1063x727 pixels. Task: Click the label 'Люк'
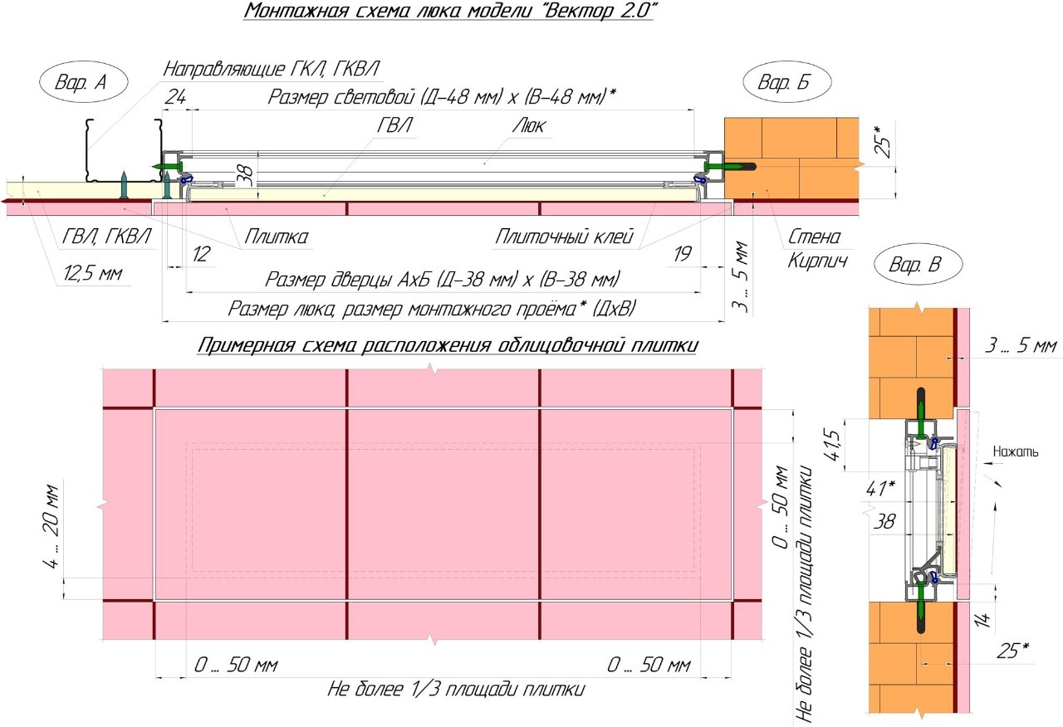pos(528,126)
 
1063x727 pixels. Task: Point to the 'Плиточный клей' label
pos(564,237)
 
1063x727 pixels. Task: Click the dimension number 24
pos(175,97)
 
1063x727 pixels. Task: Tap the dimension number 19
pos(682,255)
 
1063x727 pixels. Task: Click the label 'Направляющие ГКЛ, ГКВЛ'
pos(277,67)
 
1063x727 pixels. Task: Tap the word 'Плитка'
pos(276,237)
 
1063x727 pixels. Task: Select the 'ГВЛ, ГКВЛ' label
pos(105,237)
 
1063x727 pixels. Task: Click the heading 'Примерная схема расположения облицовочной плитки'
pos(447,346)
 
